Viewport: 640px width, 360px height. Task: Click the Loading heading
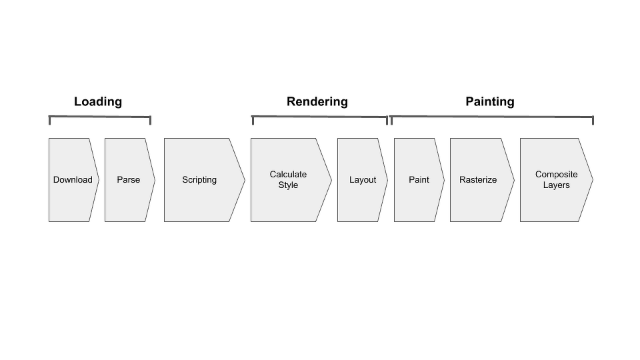pos(98,102)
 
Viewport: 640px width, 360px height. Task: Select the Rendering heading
pos(317,102)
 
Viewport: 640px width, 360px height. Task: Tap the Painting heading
pos(490,102)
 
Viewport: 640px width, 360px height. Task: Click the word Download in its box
pos(73,180)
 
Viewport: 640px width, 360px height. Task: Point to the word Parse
pos(129,180)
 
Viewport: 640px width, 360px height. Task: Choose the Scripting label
pos(199,180)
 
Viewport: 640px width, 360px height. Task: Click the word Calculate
pos(288,175)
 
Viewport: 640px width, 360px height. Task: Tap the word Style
pos(288,185)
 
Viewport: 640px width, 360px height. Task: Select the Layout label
pos(363,180)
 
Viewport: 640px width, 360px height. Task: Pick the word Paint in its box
pos(419,180)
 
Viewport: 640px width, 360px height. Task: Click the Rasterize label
pos(478,180)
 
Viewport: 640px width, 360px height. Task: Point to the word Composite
pos(556,175)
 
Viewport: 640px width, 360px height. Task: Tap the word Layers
pos(556,185)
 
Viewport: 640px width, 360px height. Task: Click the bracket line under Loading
pos(100,117)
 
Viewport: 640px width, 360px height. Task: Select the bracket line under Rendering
pos(319,117)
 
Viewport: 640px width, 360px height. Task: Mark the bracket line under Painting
pos(491,117)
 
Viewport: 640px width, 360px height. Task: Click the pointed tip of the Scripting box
pos(245,180)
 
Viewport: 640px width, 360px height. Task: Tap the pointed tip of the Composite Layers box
pos(592,180)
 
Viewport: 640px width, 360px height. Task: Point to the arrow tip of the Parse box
pos(155,180)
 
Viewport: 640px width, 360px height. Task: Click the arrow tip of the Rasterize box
pos(514,180)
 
